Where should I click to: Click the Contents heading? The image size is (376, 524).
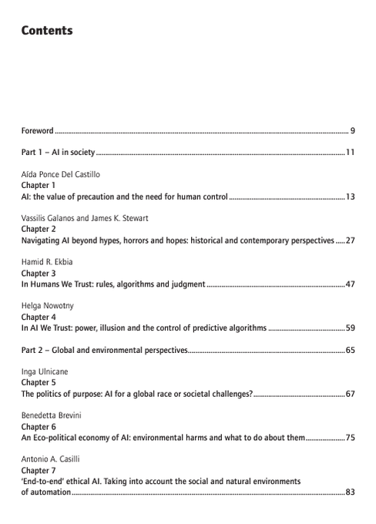tap(47, 31)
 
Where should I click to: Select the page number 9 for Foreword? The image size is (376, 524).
tap(351, 130)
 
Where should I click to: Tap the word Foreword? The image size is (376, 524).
tap(37, 130)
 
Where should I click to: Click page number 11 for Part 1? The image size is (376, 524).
tap(350, 153)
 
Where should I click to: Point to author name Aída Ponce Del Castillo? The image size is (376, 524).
tap(61, 175)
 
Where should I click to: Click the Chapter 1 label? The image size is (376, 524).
tap(39, 186)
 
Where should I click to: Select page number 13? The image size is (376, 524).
tap(350, 197)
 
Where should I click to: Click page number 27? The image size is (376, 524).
tap(350, 241)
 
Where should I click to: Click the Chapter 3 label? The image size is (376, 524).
tap(39, 274)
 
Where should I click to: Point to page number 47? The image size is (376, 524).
tap(350, 285)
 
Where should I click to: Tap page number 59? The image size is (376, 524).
tap(350, 329)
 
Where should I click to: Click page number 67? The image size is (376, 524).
tap(350, 395)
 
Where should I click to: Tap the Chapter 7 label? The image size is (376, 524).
tap(39, 470)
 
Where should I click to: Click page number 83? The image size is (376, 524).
tap(350, 492)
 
